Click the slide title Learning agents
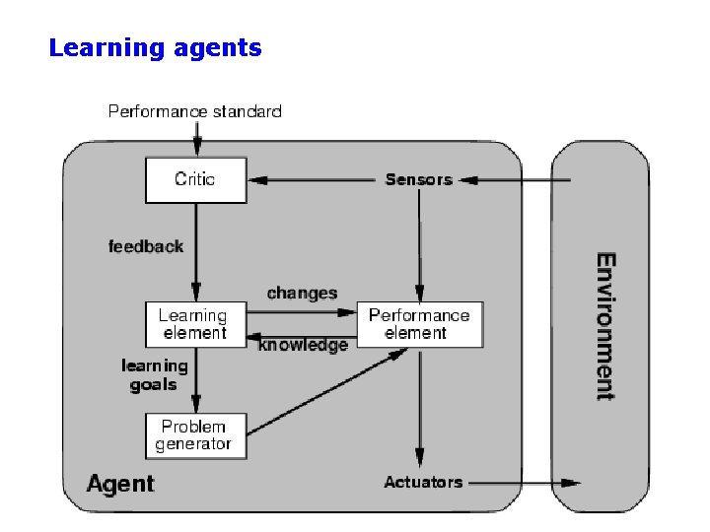pyautogui.click(x=155, y=47)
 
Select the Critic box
pyautogui.click(x=195, y=179)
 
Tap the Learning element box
pyautogui.click(x=194, y=324)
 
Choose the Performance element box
pyautogui.click(x=419, y=324)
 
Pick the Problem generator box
pyautogui.click(x=194, y=435)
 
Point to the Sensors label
pyautogui.click(x=418, y=179)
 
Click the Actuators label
pyautogui.click(x=422, y=482)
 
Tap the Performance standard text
pyautogui.click(x=194, y=111)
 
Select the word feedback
pyautogui.click(x=146, y=246)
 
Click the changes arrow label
pyautogui.click(x=302, y=293)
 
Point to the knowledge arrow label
pyautogui.click(x=303, y=346)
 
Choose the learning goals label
pyautogui.click(x=155, y=375)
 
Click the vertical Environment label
pyautogui.click(x=605, y=326)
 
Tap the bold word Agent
pyautogui.click(x=120, y=484)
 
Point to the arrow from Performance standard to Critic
pyautogui.click(x=195, y=139)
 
